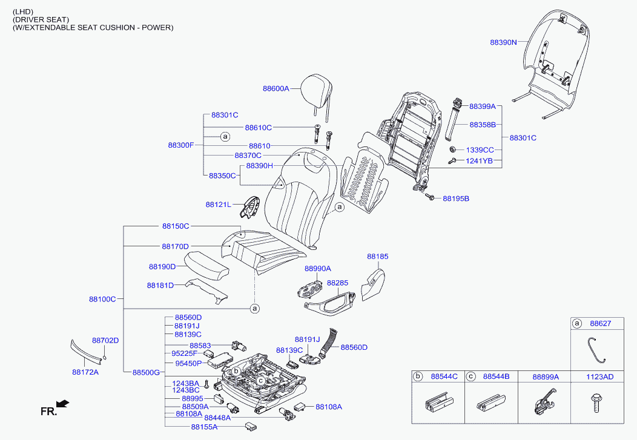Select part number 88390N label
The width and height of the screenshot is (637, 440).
[x=503, y=42]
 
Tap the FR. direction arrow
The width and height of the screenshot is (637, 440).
[x=62, y=404]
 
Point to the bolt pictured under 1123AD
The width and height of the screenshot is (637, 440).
[x=596, y=402]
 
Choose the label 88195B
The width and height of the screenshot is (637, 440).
[x=456, y=199]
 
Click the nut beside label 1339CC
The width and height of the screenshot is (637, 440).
[x=453, y=149]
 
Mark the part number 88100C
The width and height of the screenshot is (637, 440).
[x=102, y=299]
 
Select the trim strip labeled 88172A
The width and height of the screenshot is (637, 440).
[x=85, y=350]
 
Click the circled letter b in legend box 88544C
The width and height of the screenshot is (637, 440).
[x=418, y=376]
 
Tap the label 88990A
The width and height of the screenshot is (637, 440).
[x=318, y=268]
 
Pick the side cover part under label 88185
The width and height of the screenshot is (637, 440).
[x=373, y=284]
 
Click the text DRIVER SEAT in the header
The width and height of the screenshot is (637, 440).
[x=41, y=19]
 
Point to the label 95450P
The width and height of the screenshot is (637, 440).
[x=188, y=363]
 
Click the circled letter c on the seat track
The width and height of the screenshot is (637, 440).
[x=260, y=381]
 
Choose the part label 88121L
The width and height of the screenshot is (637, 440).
[x=218, y=205]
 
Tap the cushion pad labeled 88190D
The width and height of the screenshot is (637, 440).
[x=206, y=265]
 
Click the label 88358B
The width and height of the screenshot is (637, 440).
[x=483, y=125]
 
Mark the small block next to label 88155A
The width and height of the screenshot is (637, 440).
[x=250, y=425]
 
